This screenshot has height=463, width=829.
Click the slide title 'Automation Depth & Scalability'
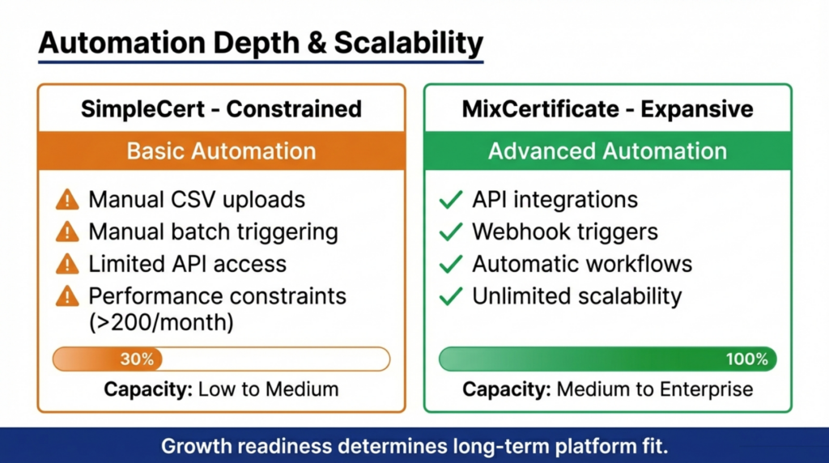260,43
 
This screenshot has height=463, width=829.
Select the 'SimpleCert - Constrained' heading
221,108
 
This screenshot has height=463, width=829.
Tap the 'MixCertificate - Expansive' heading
608,108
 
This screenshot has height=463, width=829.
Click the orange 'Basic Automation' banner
221,151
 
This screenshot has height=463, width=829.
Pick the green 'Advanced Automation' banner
608,151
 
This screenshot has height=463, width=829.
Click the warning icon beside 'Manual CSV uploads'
67,200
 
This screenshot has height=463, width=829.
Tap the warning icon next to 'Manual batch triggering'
67,232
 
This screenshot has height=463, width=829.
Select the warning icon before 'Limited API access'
67,264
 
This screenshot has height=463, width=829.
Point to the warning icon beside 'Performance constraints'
67,296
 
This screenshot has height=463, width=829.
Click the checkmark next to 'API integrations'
450,200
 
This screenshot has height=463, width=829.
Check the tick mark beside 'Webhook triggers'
450,232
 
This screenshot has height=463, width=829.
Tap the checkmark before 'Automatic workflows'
450,265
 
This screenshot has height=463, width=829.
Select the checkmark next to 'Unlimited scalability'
450,296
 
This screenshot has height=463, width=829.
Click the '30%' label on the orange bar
137,359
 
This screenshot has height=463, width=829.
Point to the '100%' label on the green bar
746,359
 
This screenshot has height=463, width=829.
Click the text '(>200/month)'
161,321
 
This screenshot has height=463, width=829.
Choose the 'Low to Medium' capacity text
268,389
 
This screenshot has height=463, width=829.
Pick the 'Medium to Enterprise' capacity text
655,389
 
